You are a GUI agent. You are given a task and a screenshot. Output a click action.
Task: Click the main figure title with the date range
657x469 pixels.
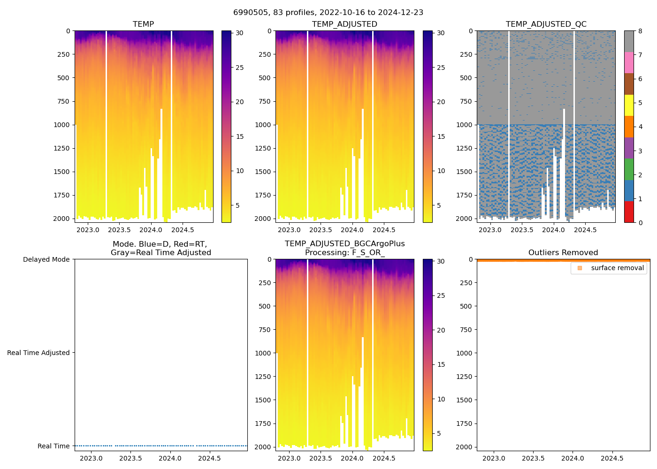coord(328,13)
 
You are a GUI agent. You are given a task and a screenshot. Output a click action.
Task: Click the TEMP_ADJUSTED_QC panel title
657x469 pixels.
coord(546,24)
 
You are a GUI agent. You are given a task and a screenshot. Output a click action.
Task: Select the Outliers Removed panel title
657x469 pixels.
coord(563,253)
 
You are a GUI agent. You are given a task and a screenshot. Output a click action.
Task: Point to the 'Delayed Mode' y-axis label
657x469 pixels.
coord(46,259)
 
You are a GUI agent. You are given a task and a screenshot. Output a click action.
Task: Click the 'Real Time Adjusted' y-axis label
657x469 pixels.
coord(38,353)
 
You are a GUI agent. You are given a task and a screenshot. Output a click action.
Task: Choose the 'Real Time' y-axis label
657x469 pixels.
coord(53,446)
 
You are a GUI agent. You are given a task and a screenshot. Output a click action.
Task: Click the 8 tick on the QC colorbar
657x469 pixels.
coord(640,31)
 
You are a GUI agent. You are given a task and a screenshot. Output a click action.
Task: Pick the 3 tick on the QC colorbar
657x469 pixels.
coord(640,151)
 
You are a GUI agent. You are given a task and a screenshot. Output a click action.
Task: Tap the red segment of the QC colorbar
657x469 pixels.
coord(629,212)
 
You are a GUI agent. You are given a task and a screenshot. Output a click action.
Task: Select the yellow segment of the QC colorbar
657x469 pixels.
coord(629,105)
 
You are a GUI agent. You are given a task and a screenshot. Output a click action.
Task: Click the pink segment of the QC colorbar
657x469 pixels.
coord(629,62)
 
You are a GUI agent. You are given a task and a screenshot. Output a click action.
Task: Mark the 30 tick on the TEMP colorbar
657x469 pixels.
coord(239,33)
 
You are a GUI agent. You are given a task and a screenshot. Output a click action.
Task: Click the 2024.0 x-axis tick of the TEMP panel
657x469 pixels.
coord(151,230)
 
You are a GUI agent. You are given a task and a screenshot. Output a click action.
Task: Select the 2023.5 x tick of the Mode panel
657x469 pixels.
coord(130,458)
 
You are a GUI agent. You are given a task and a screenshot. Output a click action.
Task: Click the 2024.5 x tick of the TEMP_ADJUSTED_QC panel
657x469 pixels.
coord(585,230)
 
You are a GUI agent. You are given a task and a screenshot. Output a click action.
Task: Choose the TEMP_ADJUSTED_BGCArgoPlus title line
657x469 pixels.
coord(344,244)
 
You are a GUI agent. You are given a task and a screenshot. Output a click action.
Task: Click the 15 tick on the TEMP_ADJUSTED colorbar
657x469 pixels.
coord(441,136)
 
